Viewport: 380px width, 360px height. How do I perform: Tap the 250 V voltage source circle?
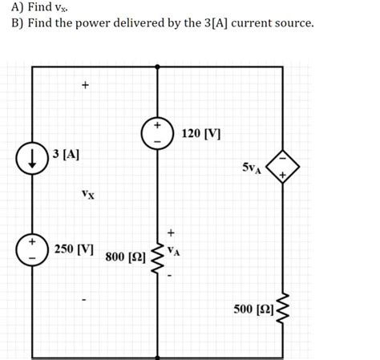pos(32,249)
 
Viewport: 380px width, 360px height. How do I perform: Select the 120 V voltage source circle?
pos(157,133)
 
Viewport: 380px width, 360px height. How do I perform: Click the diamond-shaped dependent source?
pos(281,167)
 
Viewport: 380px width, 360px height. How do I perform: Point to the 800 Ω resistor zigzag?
pos(157,255)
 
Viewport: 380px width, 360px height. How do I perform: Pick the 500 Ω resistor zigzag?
pos(282,309)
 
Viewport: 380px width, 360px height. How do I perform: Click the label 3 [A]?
pos(64,152)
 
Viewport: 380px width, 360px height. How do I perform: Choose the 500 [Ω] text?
pos(253,309)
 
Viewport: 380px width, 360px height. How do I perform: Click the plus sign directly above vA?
pos(170,233)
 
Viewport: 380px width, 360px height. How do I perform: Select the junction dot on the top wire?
pos(157,67)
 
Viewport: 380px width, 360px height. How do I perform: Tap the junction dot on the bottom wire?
pos(157,350)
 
